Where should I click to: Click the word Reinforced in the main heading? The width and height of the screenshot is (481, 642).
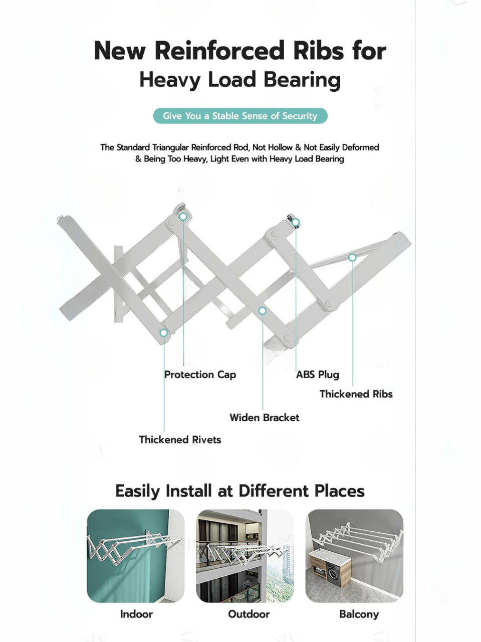tap(219, 51)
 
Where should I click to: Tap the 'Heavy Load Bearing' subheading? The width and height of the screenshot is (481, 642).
tap(240, 80)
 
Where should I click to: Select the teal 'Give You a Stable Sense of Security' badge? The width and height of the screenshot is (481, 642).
tap(240, 116)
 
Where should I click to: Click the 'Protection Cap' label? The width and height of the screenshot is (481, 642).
tap(200, 375)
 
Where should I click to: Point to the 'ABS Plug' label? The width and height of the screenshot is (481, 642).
tap(317, 375)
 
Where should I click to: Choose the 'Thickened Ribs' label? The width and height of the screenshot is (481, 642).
tap(356, 394)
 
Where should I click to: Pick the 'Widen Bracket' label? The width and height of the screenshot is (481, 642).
tap(264, 417)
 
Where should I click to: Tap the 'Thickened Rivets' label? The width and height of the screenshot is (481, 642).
tap(180, 440)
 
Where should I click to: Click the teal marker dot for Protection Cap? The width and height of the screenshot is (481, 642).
tap(183, 217)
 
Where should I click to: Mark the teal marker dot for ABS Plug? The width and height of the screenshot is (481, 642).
tap(296, 222)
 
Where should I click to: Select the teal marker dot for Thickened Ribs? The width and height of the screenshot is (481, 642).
tap(352, 257)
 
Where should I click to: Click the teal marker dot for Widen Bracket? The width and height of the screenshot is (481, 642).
tap(262, 311)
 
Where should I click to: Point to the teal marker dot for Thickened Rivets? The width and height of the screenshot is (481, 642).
tap(163, 333)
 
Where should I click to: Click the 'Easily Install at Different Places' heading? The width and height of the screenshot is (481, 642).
tap(240, 491)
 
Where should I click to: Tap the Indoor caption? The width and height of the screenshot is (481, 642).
tap(136, 614)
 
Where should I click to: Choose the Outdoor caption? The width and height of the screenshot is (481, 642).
tap(249, 614)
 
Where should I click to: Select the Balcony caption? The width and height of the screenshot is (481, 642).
tap(359, 614)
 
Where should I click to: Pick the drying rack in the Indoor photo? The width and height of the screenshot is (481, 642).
tap(133, 547)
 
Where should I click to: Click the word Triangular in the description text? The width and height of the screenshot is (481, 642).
tap(170, 147)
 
